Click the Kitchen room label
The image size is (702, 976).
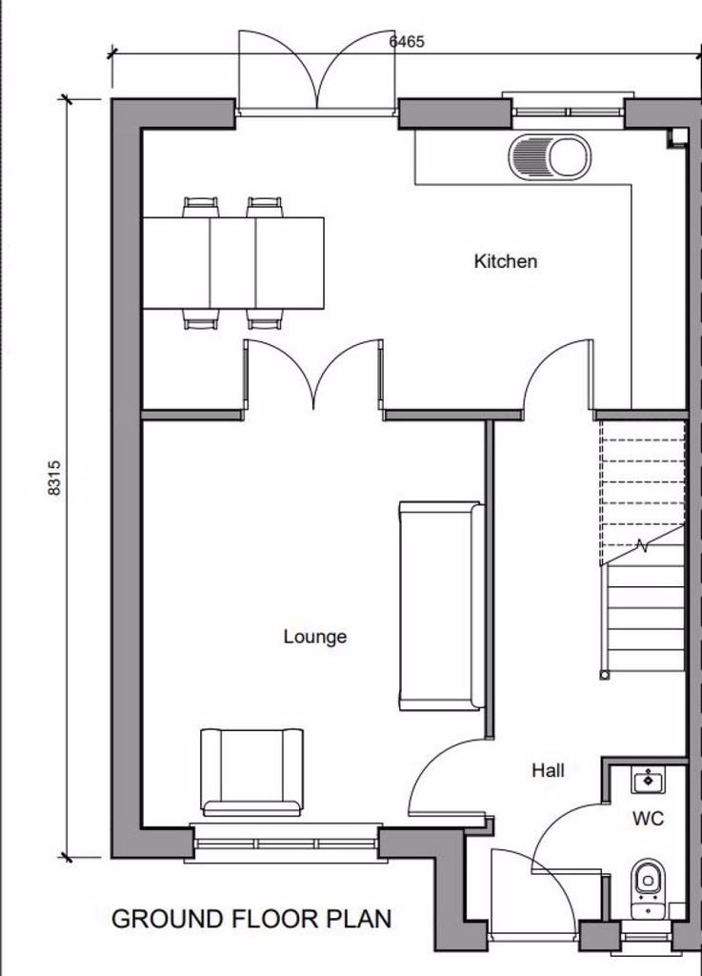(x=505, y=261)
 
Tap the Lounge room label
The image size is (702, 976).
(x=314, y=637)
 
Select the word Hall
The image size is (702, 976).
(x=548, y=770)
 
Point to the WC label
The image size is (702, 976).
(x=648, y=819)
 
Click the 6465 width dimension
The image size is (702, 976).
(x=407, y=42)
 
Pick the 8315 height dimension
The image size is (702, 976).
(x=54, y=478)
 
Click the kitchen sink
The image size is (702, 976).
(x=550, y=157)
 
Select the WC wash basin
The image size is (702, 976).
(x=648, y=780)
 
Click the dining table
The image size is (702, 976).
(x=233, y=263)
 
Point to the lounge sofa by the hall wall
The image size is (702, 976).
(x=441, y=605)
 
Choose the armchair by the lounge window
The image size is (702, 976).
(x=251, y=772)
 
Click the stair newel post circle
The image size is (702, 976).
(x=604, y=675)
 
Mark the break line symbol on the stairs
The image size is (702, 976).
(x=642, y=546)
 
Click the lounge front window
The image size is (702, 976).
(x=286, y=844)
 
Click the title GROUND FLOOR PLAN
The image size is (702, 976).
(x=251, y=920)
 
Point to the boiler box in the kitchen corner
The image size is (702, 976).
(x=677, y=137)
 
